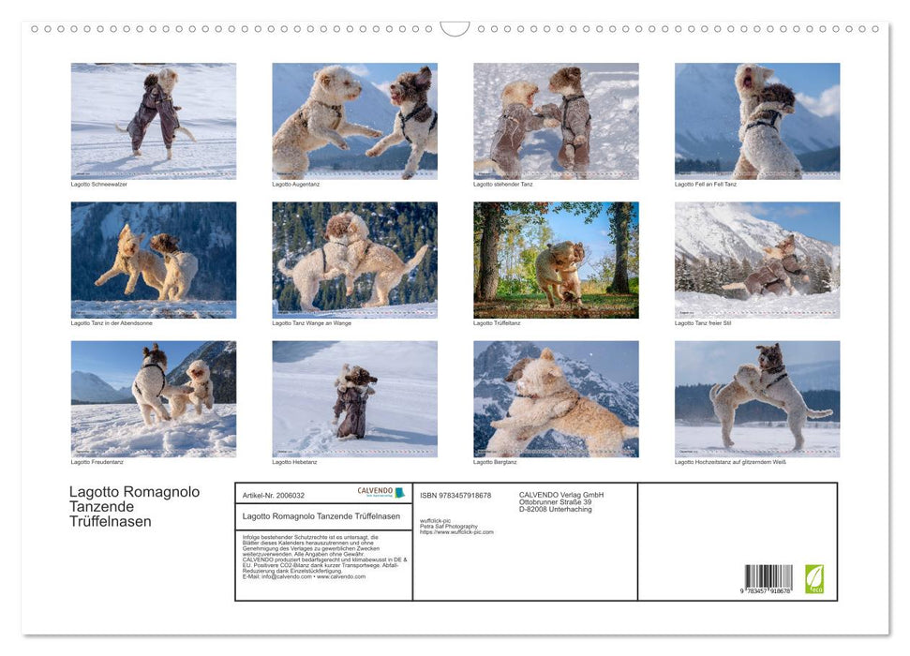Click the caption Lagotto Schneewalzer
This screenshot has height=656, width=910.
[x=99, y=184]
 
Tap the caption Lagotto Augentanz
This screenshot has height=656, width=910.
[x=296, y=184]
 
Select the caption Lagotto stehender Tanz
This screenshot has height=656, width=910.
[x=504, y=184]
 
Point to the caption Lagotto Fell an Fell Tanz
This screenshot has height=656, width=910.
[x=706, y=184]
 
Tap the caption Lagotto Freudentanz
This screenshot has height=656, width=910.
[x=97, y=461]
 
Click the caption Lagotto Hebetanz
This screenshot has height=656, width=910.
[x=295, y=461]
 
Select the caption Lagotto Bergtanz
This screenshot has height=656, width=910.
[x=495, y=461]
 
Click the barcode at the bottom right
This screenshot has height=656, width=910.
[x=768, y=577]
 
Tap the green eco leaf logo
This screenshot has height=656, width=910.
[x=813, y=577]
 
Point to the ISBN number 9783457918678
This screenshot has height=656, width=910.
[x=455, y=495]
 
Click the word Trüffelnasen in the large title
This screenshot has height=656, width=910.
[x=111, y=522]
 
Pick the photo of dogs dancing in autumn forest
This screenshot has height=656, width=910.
[x=556, y=260]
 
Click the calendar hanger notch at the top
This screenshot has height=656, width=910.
[x=455, y=29]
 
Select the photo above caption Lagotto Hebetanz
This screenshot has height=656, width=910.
[x=354, y=398]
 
